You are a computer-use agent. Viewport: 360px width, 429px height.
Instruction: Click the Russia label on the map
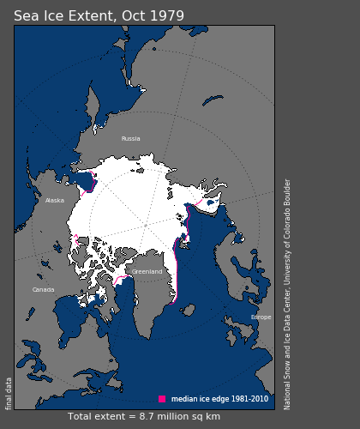click(130, 138)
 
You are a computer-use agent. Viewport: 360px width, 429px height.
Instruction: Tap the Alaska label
click(55, 201)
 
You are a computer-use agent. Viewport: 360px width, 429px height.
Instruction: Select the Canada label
click(44, 290)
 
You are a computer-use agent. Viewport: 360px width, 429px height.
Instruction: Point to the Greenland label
click(147, 272)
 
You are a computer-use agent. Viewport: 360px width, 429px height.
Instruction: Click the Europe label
click(261, 317)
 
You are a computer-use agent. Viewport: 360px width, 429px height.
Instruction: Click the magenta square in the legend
click(162, 399)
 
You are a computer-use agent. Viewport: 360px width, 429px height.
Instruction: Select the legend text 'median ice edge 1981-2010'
click(219, 399)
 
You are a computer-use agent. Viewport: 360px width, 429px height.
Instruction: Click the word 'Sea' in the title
click(26, 16)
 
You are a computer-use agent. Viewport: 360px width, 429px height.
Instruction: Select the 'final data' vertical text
click(9, 393)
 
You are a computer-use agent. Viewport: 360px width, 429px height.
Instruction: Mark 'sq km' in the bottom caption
click(206, 417)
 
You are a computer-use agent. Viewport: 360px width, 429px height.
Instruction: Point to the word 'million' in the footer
click(177, 417)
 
